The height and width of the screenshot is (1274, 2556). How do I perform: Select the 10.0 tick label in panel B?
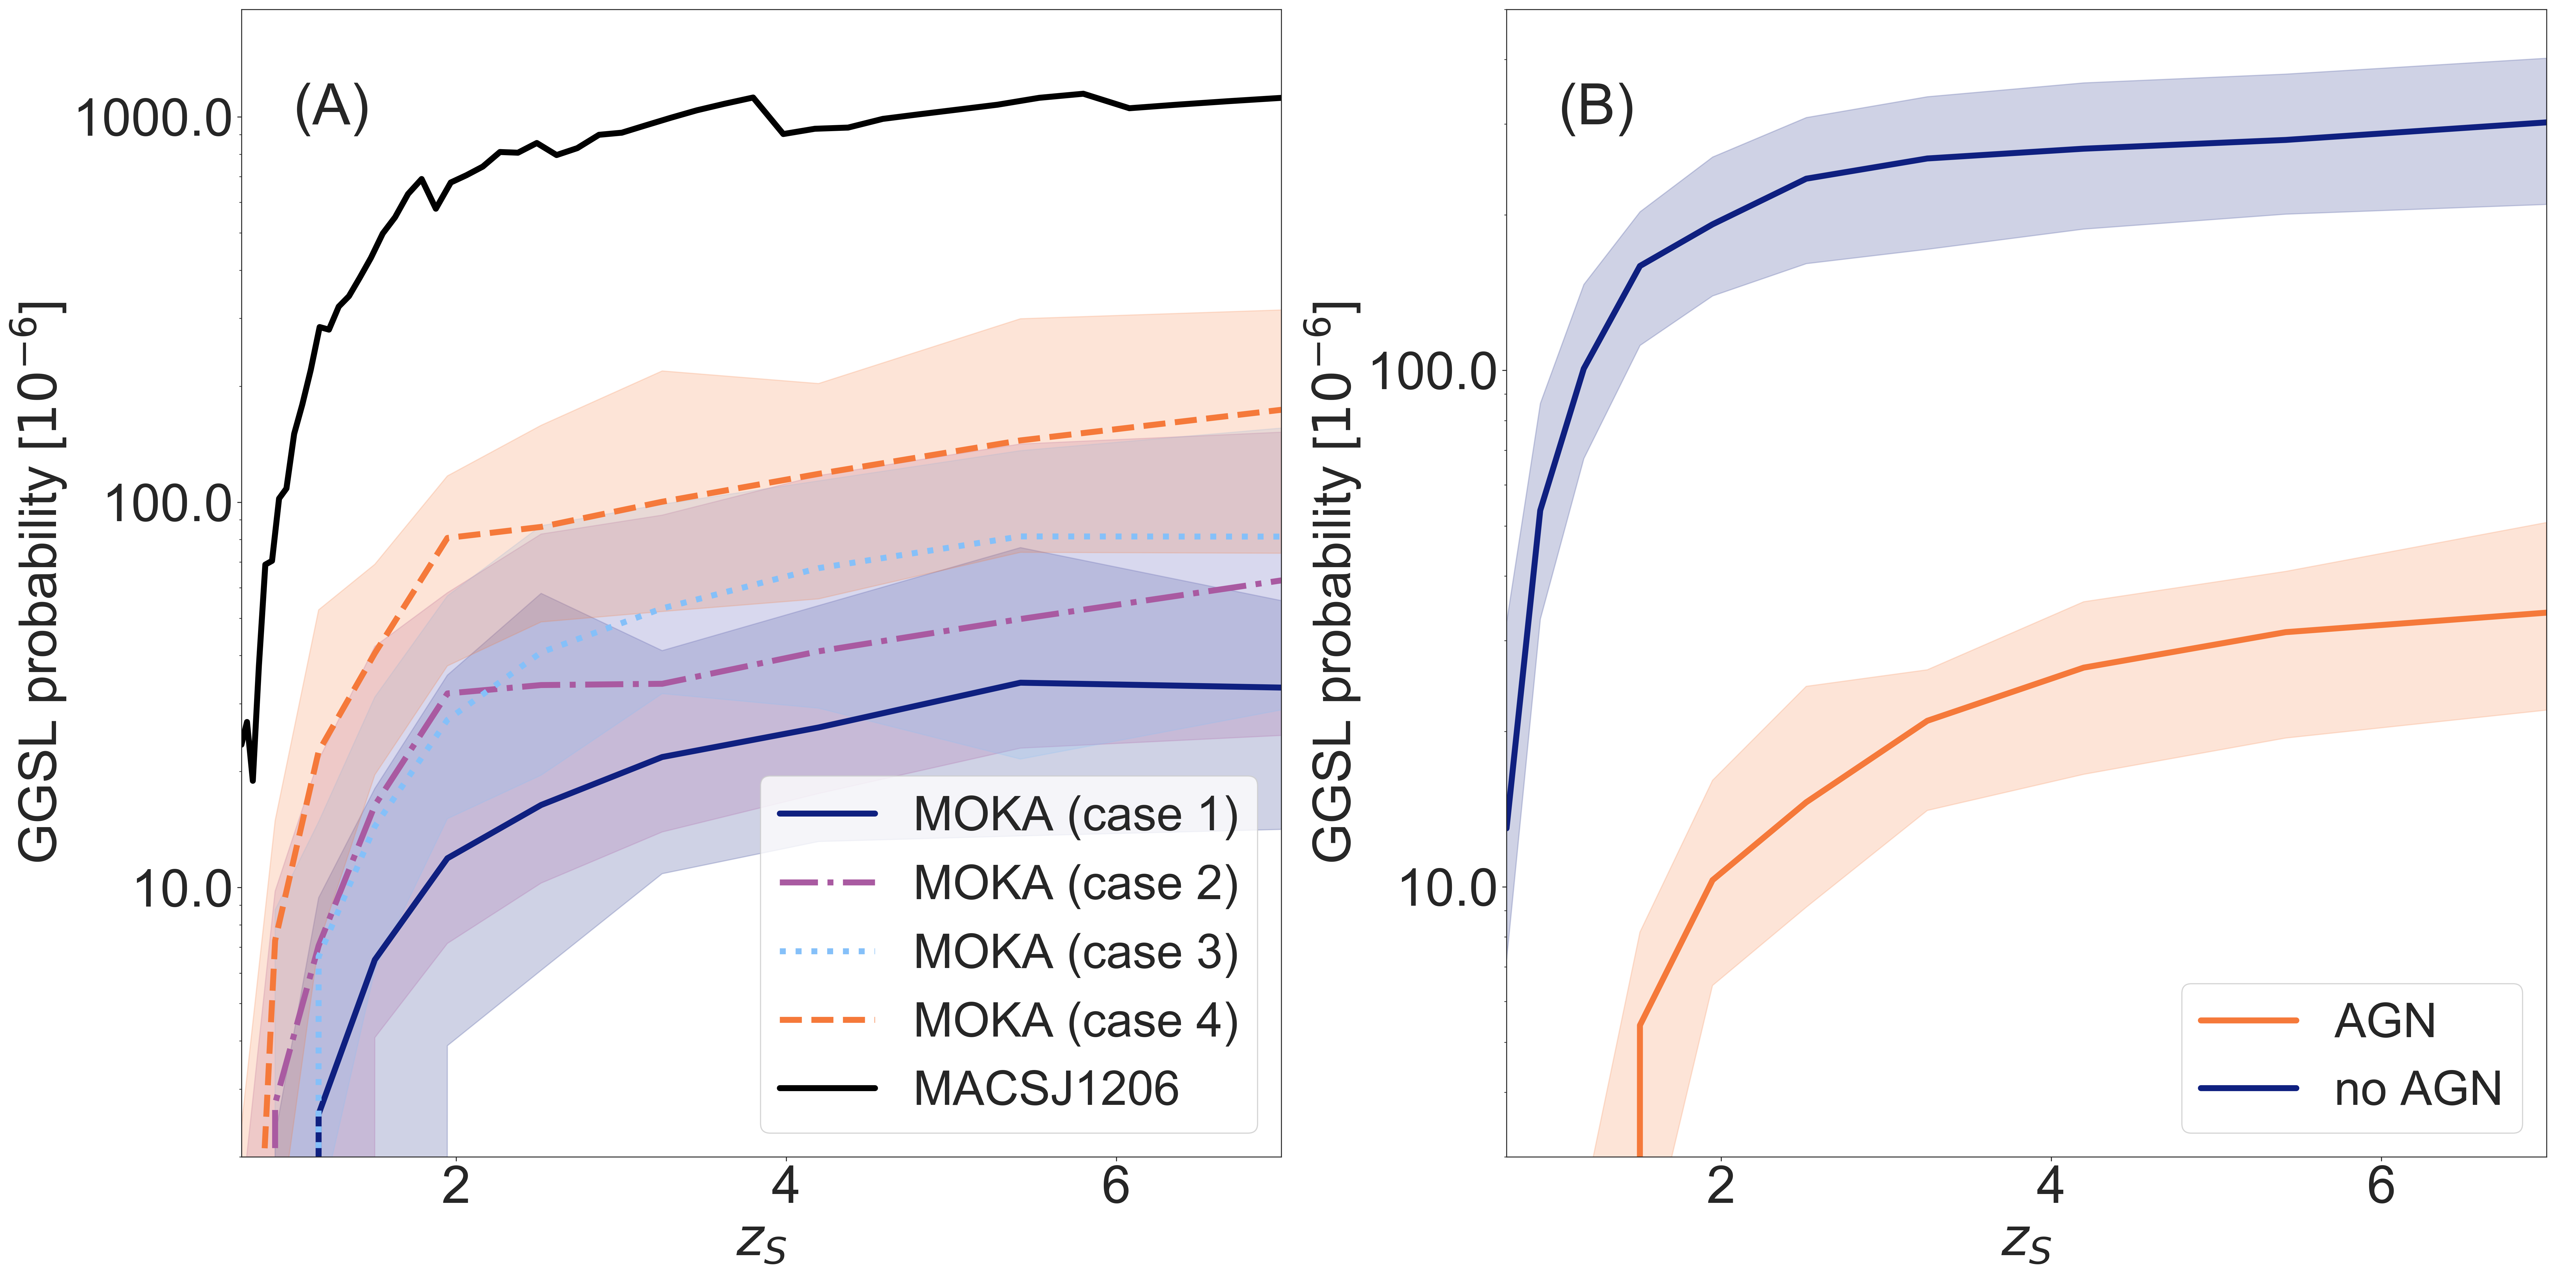click(1447, 888)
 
